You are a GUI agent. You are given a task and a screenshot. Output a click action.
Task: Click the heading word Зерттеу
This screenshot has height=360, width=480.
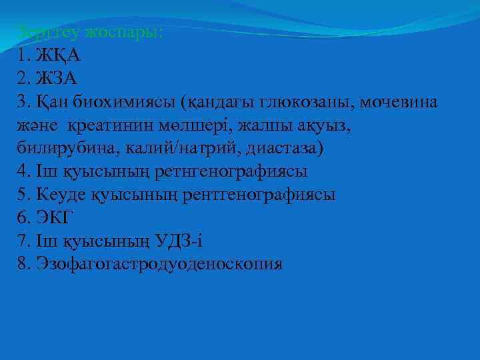click(46, 31)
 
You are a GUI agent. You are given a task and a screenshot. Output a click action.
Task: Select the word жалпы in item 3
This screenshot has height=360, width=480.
click(273, 125)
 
